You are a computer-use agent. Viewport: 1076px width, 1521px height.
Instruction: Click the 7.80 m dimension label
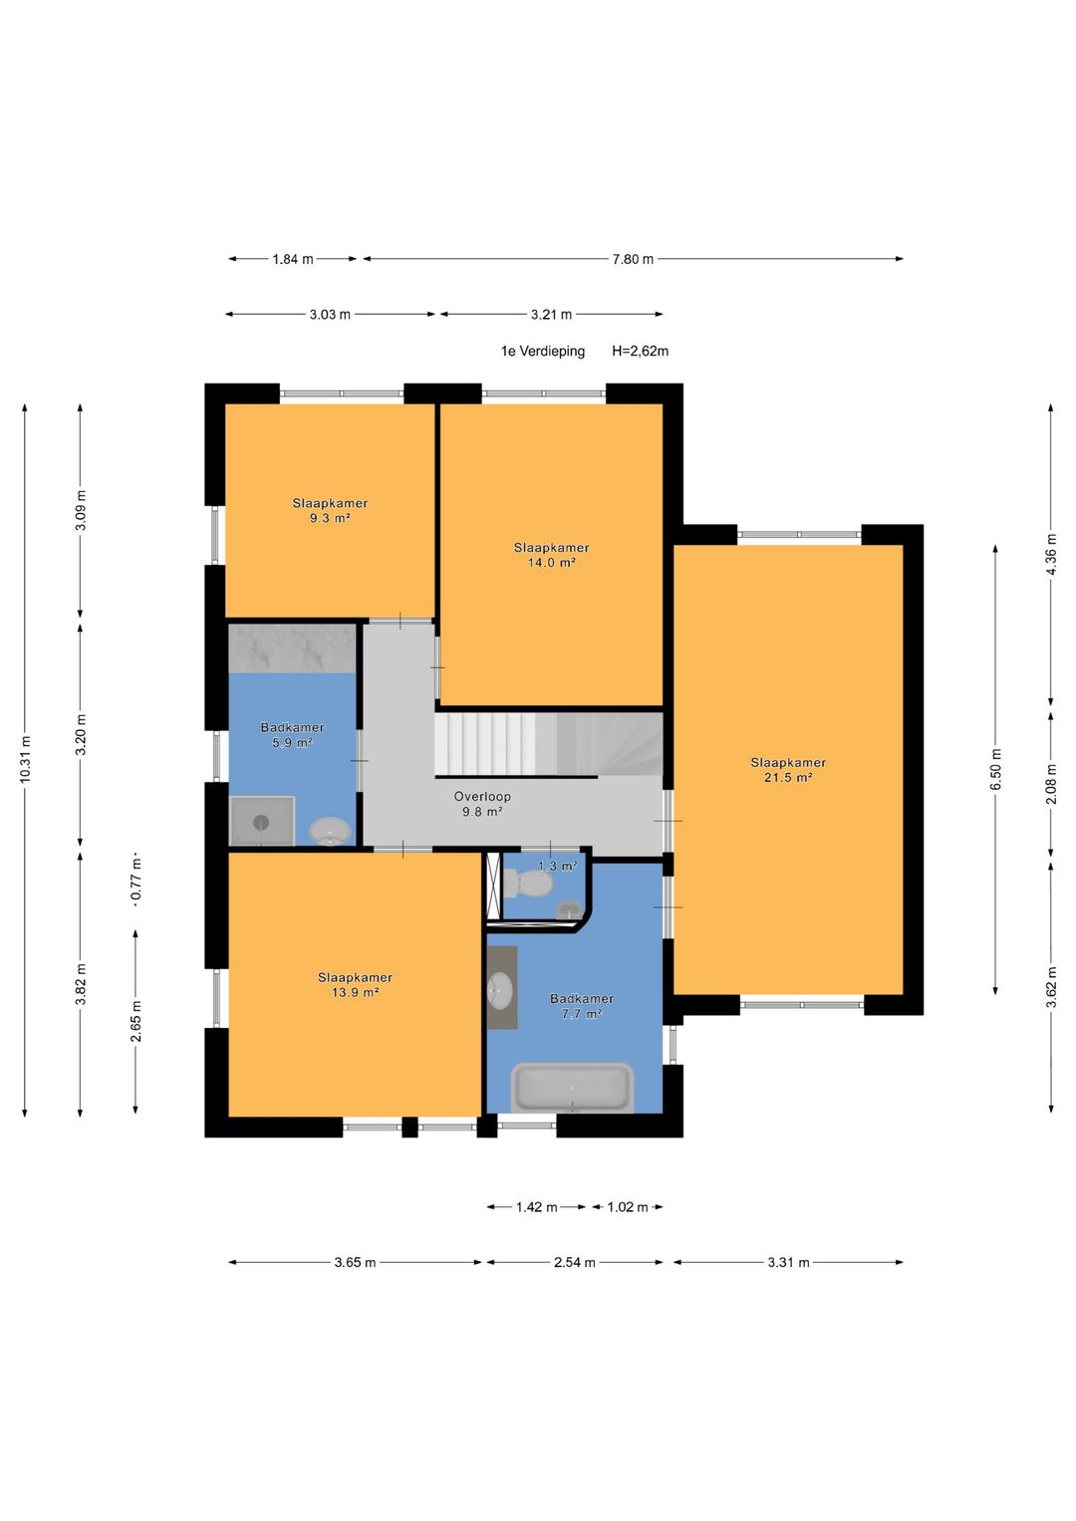[x=633, y=259]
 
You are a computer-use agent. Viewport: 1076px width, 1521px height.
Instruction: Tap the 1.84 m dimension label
[x=293, y=259]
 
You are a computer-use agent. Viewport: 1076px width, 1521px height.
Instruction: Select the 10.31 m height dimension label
[x=25, y=760]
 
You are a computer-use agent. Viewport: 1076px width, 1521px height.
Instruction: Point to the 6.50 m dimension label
[x=996, y=769]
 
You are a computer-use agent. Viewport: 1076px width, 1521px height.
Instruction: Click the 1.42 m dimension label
[x=537, y=1207]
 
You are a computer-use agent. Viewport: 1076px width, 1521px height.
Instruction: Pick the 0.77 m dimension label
[x=135, y=881]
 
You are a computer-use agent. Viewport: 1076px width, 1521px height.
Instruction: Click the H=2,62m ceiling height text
[x=640, y=351]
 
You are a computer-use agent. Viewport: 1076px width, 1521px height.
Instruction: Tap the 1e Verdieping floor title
[x=543, y=351]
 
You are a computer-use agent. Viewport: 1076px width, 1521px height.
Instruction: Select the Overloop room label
[x=482, y=797]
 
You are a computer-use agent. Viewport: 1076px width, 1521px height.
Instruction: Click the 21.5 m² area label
[x=788, y=778]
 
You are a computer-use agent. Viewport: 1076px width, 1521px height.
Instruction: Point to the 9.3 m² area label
[x=330, y=518]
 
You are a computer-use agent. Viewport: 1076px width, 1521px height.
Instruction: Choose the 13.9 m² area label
[x=355, y=992]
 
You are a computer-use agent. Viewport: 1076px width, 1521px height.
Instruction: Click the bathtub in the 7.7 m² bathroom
[x=572, y=1088]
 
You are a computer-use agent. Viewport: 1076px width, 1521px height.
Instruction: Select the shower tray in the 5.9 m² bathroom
[x=261, y=821]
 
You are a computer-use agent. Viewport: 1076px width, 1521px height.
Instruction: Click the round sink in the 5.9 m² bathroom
[x=330, y=831]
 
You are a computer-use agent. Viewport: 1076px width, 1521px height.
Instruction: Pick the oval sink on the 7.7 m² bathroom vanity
[x=500, y=988]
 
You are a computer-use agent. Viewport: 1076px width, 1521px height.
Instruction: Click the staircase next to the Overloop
[x=549, y=744]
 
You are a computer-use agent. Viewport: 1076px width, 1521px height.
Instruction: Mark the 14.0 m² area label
[x=552, y=562]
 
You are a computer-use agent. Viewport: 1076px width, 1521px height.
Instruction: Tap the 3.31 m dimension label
[x=789, y=1262]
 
